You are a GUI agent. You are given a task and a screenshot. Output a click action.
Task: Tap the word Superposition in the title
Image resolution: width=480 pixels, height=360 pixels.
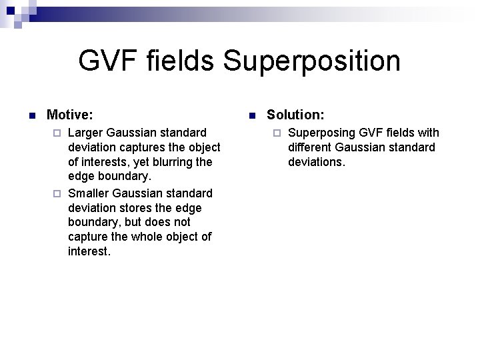pos(312,61)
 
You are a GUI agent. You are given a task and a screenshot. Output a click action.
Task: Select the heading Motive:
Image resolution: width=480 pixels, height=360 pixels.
pos(70,115)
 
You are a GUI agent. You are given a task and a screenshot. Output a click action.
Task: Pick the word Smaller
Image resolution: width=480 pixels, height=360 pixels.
pos(89,193)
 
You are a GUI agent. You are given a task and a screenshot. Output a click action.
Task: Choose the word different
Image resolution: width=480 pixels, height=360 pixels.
pos(310,147)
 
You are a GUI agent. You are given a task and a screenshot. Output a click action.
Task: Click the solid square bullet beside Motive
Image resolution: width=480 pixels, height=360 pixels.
pos(31,116)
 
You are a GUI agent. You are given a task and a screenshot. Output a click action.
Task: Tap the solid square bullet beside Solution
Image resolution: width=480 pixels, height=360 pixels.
pos(251,116)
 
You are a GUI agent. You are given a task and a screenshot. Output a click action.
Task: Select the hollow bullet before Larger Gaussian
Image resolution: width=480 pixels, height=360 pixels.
pos(57,133)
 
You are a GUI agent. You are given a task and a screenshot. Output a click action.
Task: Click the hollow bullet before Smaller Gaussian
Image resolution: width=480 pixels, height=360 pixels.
pos(57,194)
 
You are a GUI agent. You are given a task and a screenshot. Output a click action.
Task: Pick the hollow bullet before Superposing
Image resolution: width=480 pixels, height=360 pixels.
pos(277,133)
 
